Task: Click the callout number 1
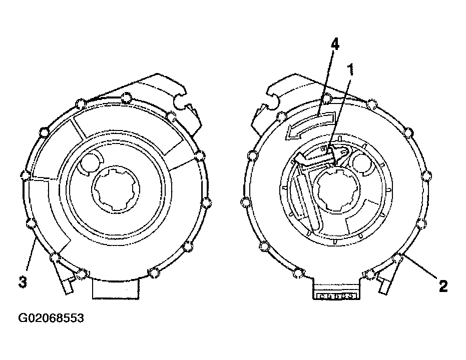pos(351,69)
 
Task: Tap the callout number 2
pos(443,286)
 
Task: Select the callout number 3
pos(23,282)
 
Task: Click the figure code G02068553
pos(51,318)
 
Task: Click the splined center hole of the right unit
pos(336,190)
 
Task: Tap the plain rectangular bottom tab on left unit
pos(116,289)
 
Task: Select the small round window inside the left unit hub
pos(89,162)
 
